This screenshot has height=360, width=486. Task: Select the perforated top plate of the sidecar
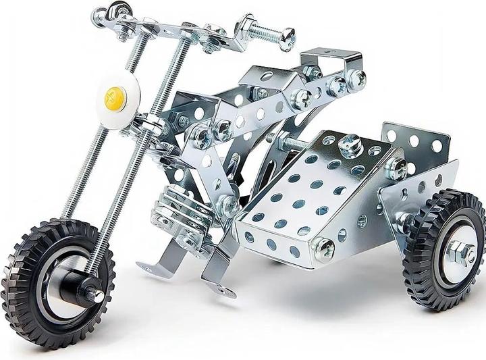tap(317, 182)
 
